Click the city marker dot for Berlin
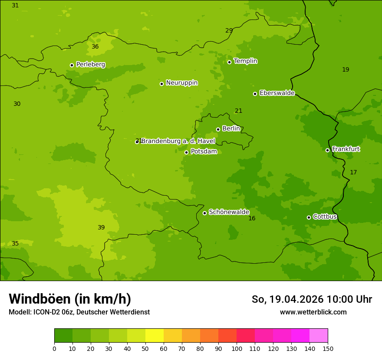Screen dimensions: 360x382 point(218,129)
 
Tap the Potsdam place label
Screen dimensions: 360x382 point(204,151)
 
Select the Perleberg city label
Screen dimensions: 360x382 point(90,64)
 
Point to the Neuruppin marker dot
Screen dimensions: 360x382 point(161,84)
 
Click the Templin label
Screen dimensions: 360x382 point(245,61)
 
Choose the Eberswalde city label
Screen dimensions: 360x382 point(277,93)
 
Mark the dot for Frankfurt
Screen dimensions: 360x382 point(327,150)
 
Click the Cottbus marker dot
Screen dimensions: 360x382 point(309,217)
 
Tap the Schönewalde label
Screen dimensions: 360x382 point(229,212)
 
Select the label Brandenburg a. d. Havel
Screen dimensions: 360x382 point(178,141)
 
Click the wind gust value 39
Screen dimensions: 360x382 point(101,227)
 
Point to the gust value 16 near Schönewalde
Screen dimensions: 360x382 point(252,218)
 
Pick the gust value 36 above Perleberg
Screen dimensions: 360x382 point(95,46)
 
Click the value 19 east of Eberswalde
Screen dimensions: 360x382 point(346,69)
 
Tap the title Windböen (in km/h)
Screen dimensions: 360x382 point(70,299)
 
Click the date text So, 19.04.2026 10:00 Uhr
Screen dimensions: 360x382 point(312,299)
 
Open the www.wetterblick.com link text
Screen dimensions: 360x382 point(313,312)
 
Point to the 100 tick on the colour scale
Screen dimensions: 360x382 point(237,348)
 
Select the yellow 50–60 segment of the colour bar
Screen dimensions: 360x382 point(155,336)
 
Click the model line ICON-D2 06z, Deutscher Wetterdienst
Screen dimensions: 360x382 point(79,312)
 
